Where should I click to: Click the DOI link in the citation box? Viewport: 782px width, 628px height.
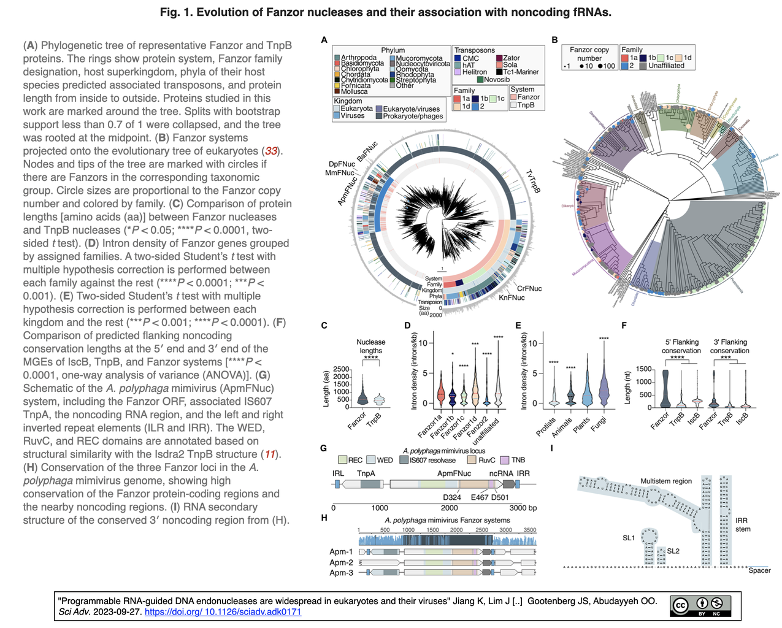pyautogui.click(x=223, y=611)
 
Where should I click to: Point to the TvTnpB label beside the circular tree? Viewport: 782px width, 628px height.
pyautogui.click(x=532, y=182)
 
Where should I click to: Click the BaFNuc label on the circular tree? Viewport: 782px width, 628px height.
pyautogui.click(x=367, y=151)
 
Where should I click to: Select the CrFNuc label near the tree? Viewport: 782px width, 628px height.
pyautogui.click(x=529, y=288)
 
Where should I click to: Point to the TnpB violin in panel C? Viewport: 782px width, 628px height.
pyautogui.click(x=380, y=400)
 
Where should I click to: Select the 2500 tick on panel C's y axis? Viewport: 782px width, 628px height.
pyautogui.click(x=340, y=369)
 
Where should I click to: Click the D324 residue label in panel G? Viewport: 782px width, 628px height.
pyautogui.click(x=451, y=497)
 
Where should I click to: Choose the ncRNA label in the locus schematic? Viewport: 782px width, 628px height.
pyautogui.click(x=501, y=473)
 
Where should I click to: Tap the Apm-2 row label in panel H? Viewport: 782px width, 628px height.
pyautogui.click(x=341, y=562)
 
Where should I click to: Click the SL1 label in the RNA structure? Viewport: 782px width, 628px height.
pyautogui.click(x=629, y=538)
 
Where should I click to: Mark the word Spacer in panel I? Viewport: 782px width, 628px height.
pyautogui.click(x=759, y=570)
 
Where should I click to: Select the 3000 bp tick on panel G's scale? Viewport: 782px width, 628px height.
pyautogui.click(x=523, y=508)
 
